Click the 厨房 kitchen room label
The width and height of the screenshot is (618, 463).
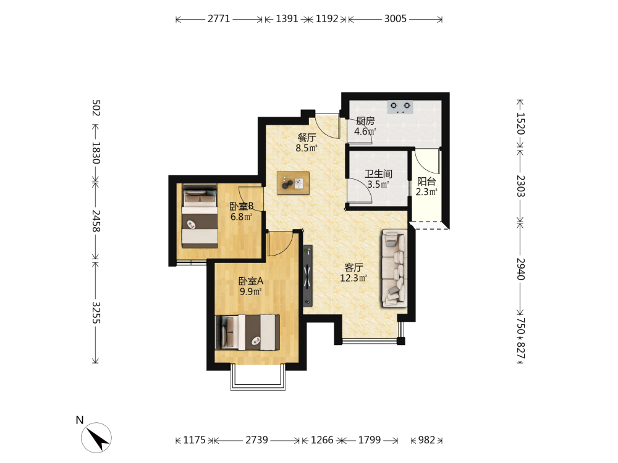click(x=365, y=121)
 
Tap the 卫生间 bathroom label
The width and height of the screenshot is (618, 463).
click(x=378, y=174)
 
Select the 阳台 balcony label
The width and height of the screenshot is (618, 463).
click(x=426, y=181)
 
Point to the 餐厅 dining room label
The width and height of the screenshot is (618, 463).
click(x=307, y=138)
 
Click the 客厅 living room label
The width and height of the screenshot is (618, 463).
click(x=353, y=268)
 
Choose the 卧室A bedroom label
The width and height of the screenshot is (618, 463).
click(x=251, y=281)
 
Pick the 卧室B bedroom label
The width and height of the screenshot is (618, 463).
click(x=241, y=206)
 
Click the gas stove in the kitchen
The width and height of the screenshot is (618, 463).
click(x=400, y=107)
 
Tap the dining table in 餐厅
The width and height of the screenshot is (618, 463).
click(x=293, y=183)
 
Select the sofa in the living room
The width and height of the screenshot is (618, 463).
click(x=394, y=269)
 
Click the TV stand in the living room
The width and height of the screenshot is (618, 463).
click(x=307, y=275)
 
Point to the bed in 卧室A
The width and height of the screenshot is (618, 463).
click(x=248, y=332)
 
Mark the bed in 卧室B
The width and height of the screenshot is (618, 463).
click(x=200, y=216)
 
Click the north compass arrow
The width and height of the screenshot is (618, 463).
click(x=96, y=438)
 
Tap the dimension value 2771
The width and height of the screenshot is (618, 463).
click(x=219, y=19)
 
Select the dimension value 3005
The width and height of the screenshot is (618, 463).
click(x=396, y=19)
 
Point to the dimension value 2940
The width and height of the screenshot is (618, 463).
click(x=520, y=269)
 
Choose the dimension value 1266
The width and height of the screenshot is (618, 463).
click(x=322, y=440)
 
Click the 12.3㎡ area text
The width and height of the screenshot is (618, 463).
click(x=353, y=278)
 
